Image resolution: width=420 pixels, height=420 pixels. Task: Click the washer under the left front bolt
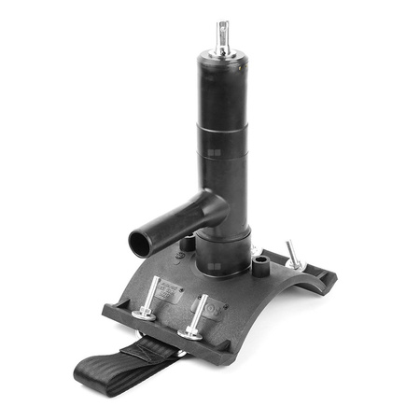pyautogui.click(x=144, y=316)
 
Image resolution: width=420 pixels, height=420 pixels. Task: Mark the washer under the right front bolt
pyautogui.click(x=192, y=331)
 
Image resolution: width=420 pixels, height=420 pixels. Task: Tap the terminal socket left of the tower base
pyautogui.click(x=188, y=244)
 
